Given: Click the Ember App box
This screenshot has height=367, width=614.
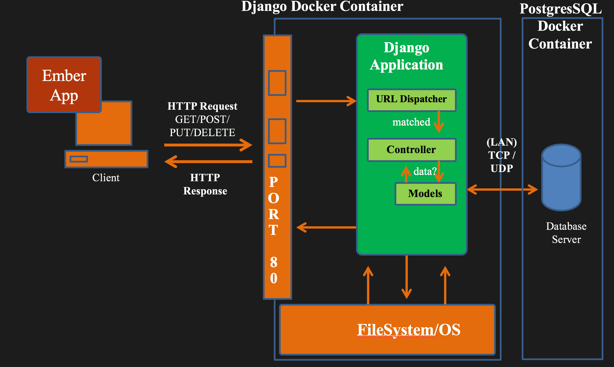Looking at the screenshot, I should click(64, 85).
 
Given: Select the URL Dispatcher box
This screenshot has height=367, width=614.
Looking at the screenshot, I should click(412, 100).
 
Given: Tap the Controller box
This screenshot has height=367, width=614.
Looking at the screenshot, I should click(412, 150).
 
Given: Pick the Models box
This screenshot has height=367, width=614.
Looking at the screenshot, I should click(425, 194).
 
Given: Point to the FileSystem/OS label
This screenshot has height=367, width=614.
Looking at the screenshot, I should click(408, 330).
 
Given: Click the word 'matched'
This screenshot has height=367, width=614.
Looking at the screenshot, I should click(411, 122).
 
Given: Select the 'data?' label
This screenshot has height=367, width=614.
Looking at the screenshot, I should click(425, 171).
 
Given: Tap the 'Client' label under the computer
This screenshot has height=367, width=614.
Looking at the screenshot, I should click(106, 178).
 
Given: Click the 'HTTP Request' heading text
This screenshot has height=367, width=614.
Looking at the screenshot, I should click(202, 106).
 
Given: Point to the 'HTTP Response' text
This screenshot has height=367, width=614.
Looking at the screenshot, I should click(205, 184).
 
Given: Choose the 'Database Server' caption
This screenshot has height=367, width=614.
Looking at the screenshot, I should click(566, 233).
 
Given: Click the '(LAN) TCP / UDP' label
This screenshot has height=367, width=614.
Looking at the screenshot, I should click(502, 155).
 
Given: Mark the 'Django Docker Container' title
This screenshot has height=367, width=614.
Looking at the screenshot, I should click(322, 6).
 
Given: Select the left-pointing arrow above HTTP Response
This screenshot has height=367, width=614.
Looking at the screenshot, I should click(208, 162).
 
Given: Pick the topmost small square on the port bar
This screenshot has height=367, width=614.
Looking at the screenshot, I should click(277, 83).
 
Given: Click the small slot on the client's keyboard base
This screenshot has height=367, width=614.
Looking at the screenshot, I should click(79, 159).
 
